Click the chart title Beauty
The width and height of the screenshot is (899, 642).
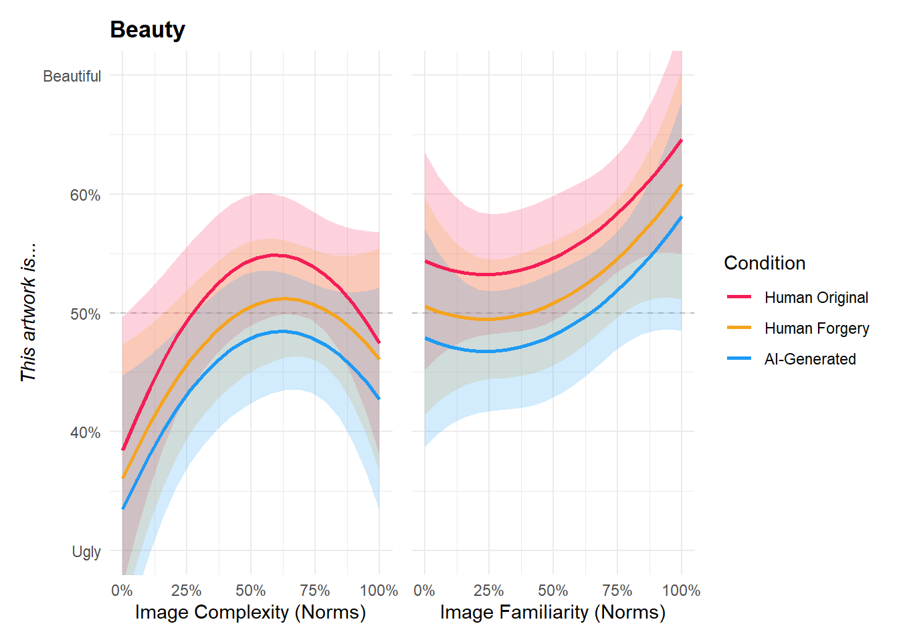coord(147,29)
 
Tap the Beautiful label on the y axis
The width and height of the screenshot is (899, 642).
coord(72,76)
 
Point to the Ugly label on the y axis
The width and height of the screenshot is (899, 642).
coord(86,552)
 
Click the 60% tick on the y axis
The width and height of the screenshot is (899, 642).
coord(85,195)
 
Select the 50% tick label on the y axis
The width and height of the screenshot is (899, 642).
coord(85,314)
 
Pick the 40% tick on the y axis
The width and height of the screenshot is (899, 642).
coord(85,433)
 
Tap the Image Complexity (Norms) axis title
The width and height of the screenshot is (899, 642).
coord(250,612)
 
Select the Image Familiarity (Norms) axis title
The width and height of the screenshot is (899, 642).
coord(553,612)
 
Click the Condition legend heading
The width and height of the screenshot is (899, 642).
coord(765,263)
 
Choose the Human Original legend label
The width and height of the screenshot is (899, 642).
coord(816,298)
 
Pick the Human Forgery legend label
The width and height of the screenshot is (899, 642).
coord(817,328)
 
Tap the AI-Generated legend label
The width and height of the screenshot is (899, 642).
coord(810,359)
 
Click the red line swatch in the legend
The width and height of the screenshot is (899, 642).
coord(739,297)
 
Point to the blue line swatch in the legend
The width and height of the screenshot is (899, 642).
coord(739,359)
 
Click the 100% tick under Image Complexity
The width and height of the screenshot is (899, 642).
coord(379,591)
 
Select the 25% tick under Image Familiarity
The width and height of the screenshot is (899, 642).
coord(488,591)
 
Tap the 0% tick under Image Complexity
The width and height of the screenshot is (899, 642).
coord(122,591)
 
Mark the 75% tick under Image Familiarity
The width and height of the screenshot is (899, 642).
coord(617,591)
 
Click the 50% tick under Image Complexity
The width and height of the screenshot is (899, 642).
coord(250,591)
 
